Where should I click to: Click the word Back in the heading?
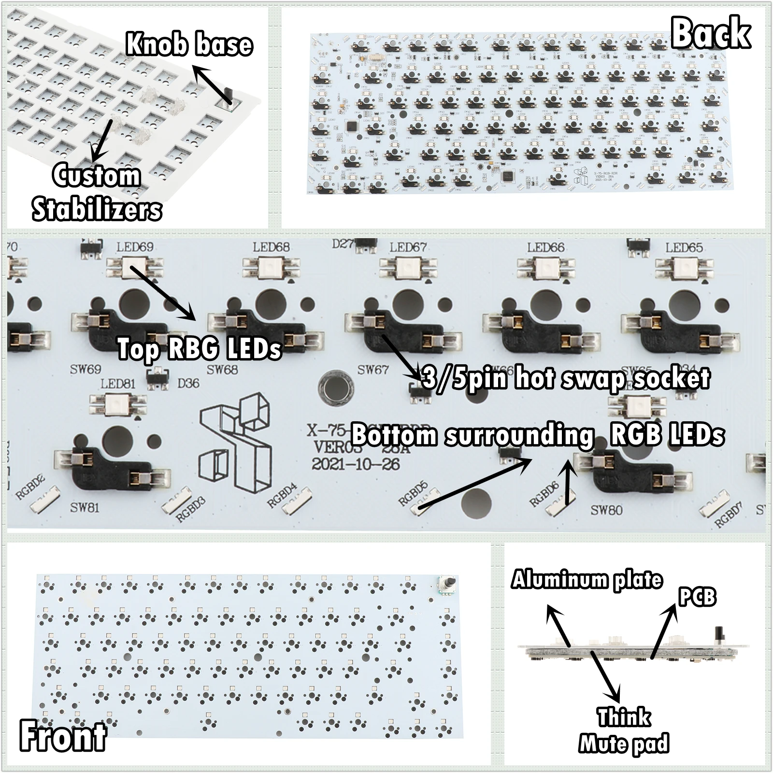click(x=711, y=33)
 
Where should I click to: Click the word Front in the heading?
click(x=63, y=735)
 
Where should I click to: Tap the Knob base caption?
click(x=189, y=44)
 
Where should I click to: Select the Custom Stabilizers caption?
click(x=97, y=192)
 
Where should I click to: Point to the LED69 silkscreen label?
click(x=135, y=247)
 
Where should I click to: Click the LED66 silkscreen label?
click(x=545, y=247)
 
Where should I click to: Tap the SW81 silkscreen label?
click(x=85, y=508)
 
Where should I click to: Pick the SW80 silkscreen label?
click(x=606, y=510)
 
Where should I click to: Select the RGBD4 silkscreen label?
click(x=282, y=496)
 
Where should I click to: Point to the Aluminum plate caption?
click(x=587, y=579)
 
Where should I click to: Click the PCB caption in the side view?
click(x=697, y=597)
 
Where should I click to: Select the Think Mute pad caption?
click(x=624, y=730)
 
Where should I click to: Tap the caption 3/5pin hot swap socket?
click(x=565, y=378)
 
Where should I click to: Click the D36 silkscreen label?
click(x=188, y=384)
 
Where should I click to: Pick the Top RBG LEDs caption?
click(x=199, y=348)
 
